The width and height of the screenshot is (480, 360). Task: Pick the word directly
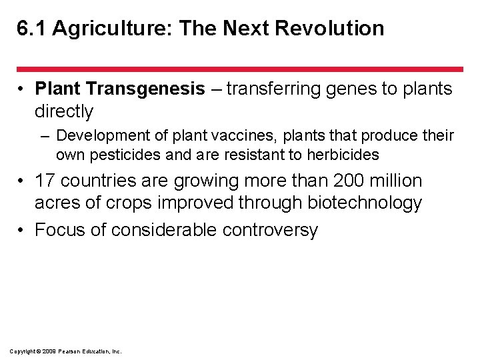(64, 111)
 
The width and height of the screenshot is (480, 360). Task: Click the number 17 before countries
(45, 181)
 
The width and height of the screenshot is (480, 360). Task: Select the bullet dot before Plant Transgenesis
(22, 89)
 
